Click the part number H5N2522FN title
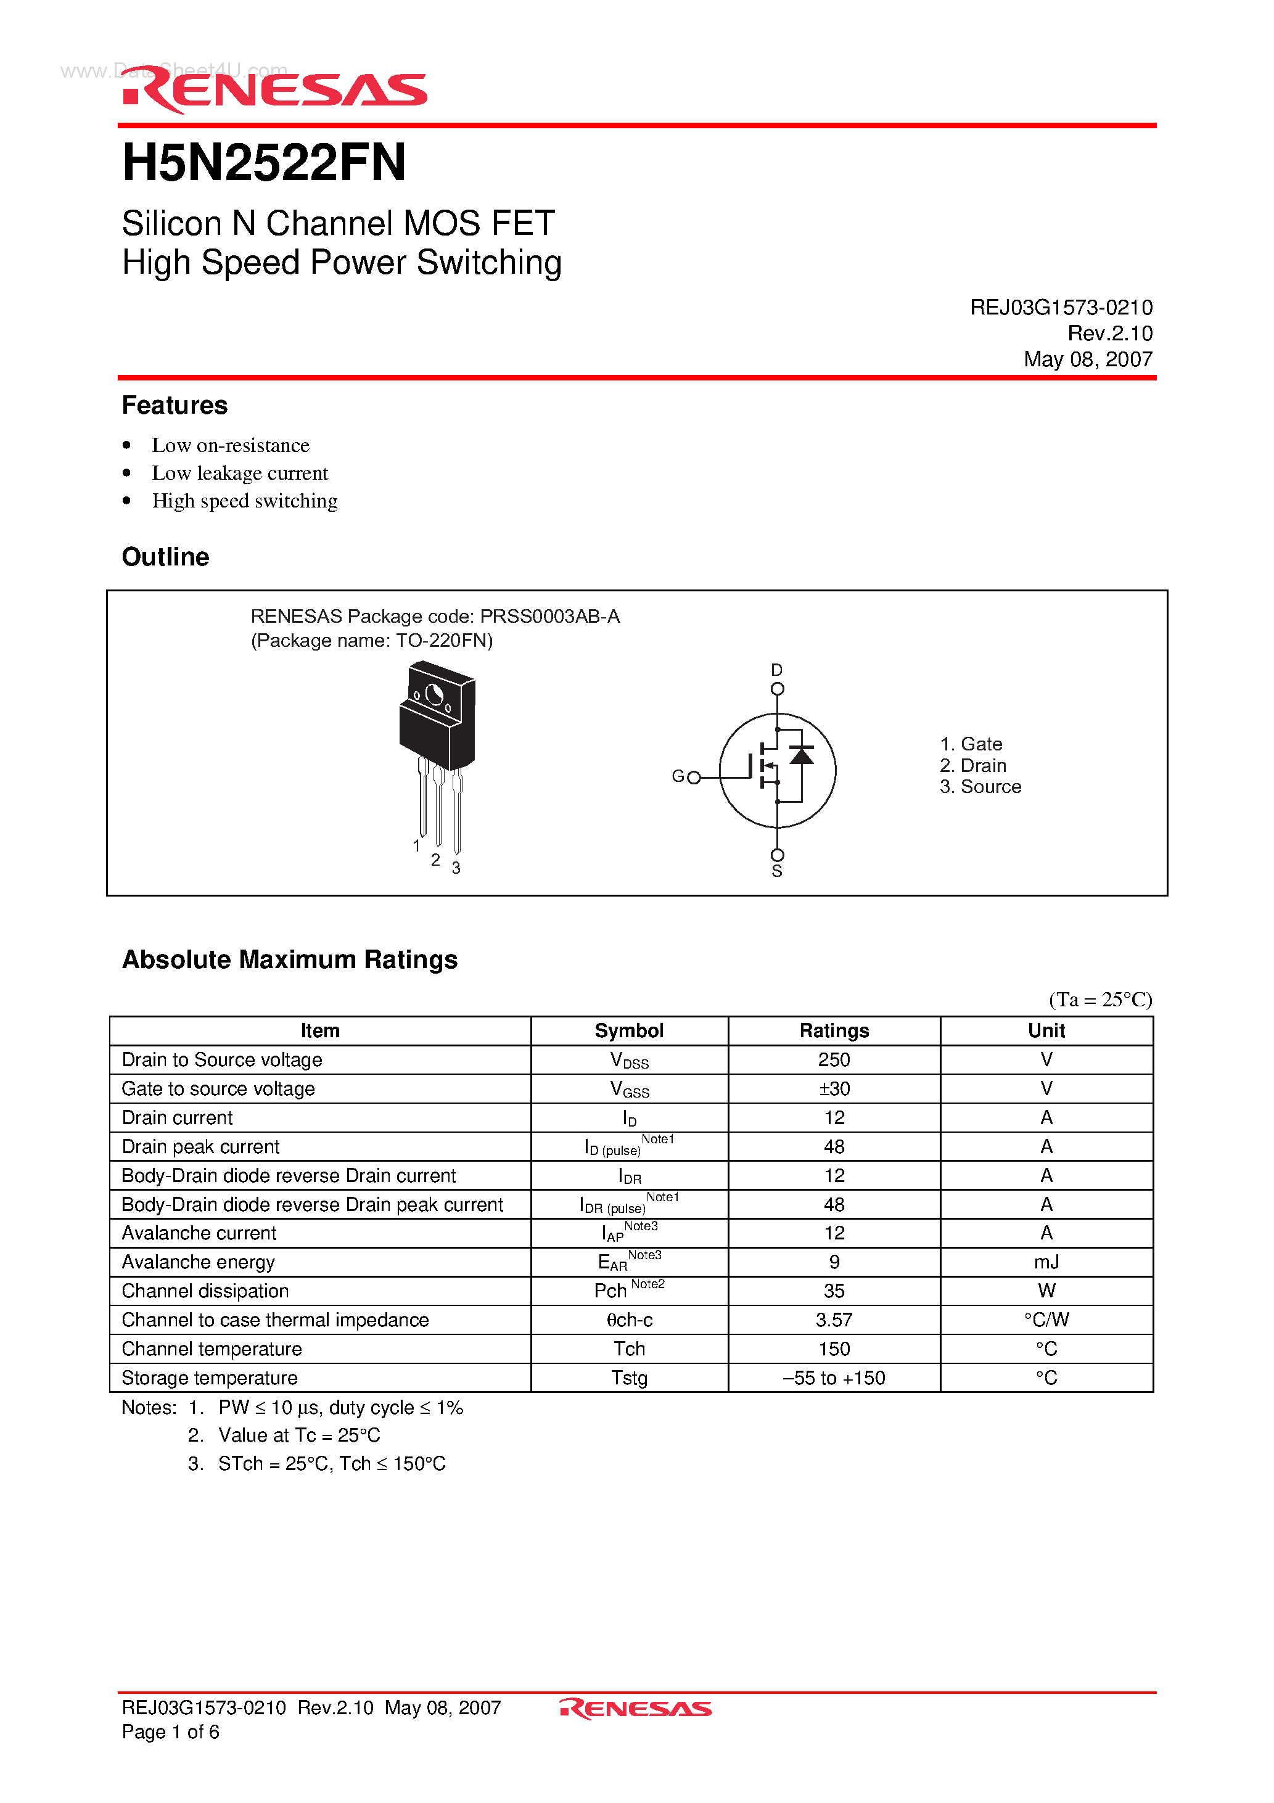(x=264, y=163)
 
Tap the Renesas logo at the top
(x=275, y=90)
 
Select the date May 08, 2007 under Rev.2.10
(x=1087, y=359)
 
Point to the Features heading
(x=175, y=405)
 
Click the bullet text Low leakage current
(x=239, y=473)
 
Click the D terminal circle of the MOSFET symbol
(x=777, y=689)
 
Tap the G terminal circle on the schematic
(x=694, y=778)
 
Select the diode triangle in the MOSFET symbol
(x=801, y=755)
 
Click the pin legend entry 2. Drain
(x=972, y=766)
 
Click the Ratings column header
(x=834, y=1031)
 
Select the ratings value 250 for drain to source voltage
(x=834, y=1060)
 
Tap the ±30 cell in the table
(x=834, y=1089)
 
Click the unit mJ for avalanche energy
(x=1046, y=1263)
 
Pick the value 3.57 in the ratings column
(x=834, y=1320)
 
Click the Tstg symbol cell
(x=629, y=1378)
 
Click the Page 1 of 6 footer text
(x=170, y=1732)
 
